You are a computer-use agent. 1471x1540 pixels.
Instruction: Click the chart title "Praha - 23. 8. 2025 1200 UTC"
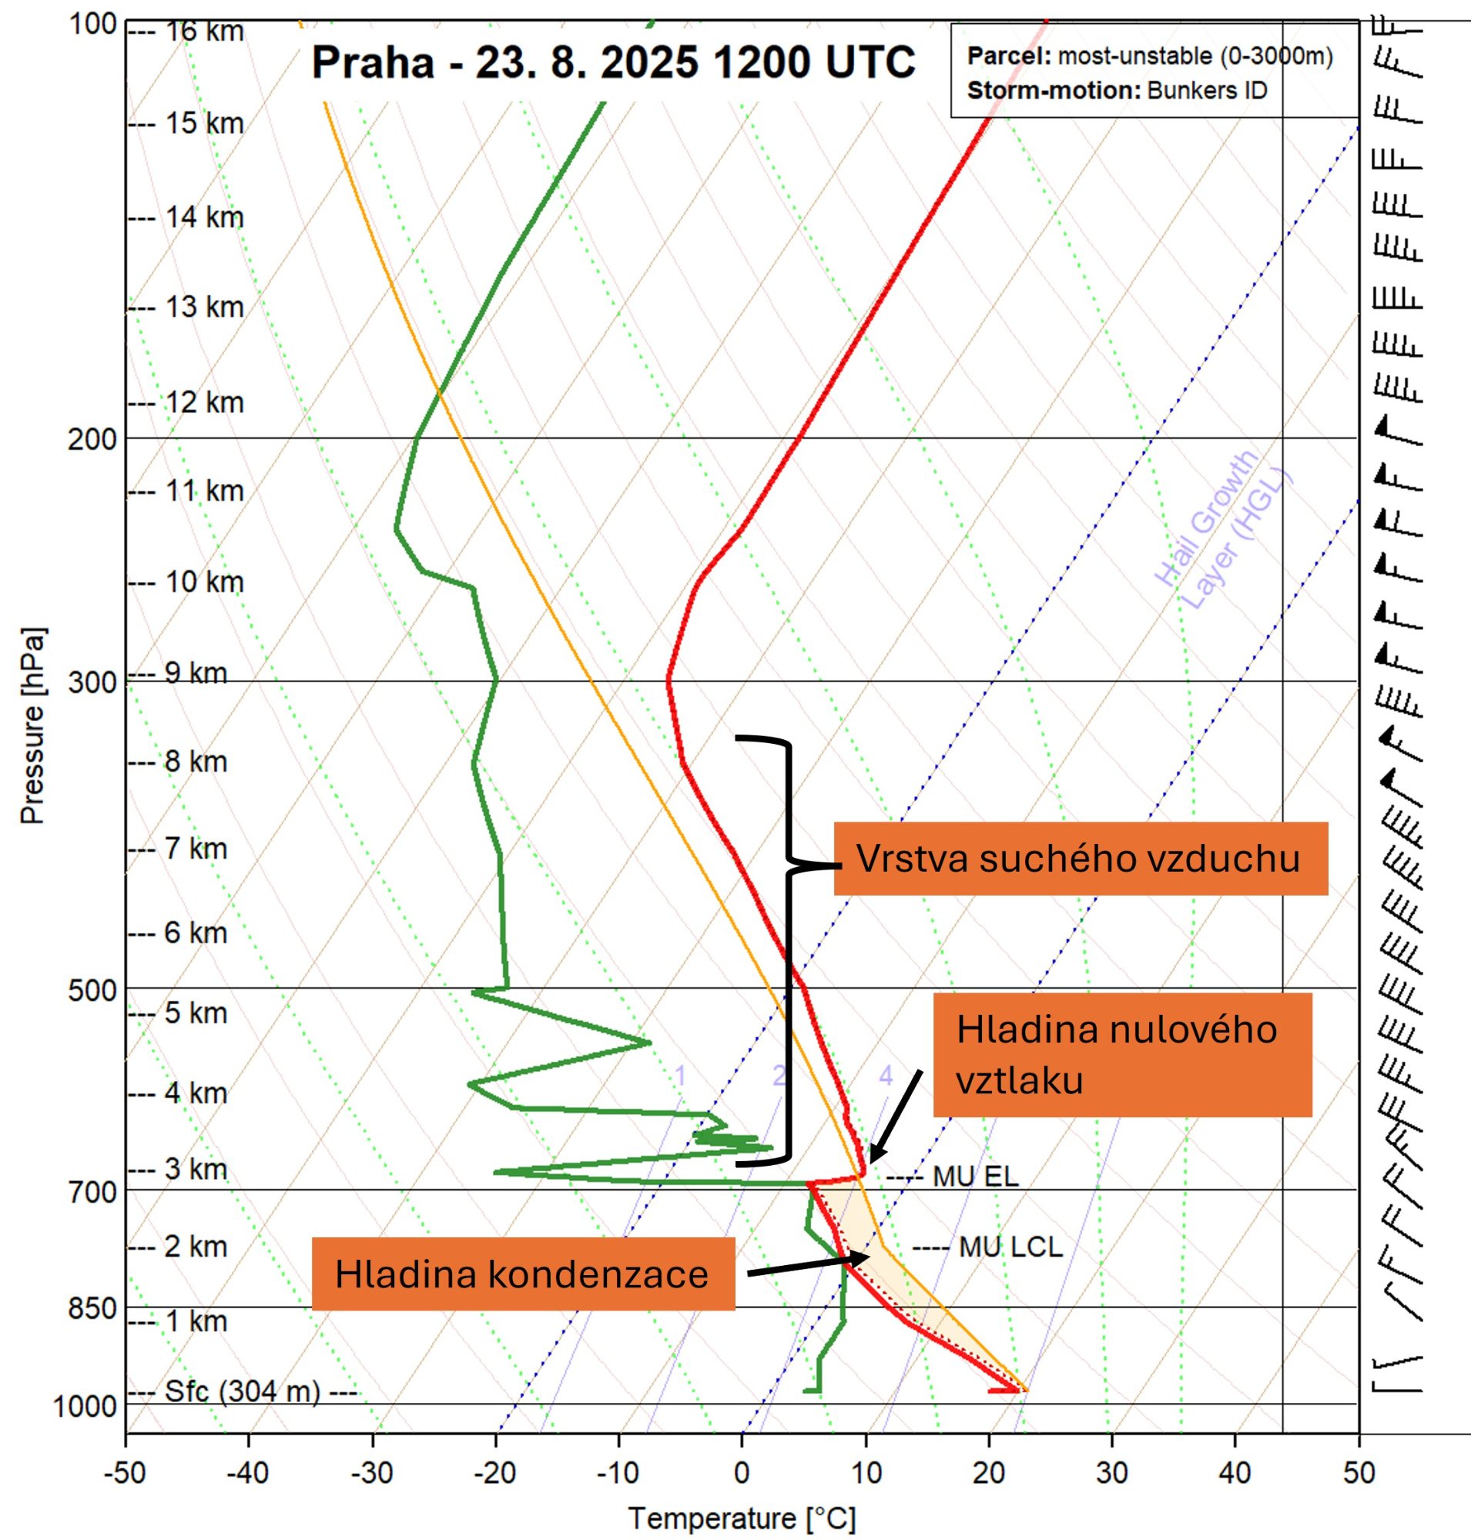point(613,62)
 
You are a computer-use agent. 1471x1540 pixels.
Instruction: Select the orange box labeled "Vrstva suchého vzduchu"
point(1080,859)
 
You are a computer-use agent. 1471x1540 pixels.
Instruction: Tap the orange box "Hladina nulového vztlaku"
point(1122,1055)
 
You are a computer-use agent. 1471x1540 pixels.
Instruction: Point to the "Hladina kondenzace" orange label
point(523,1274)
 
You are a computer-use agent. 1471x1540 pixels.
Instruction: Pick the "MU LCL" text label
point(1010,1246)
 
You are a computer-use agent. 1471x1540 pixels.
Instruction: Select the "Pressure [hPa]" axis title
point(33,725)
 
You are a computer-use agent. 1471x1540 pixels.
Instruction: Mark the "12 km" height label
point(204,402)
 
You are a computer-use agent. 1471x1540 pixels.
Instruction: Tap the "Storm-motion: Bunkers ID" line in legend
point(1117,90)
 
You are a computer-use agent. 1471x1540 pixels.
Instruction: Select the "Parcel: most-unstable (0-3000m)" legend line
point(1150,57)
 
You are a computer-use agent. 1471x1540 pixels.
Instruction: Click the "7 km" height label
point(196,849)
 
